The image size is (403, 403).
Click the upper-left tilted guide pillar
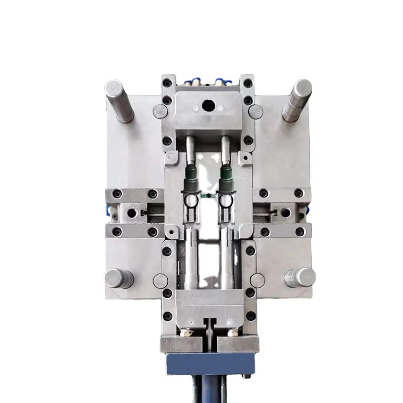pos(119,101)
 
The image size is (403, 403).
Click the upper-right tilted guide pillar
pos(297,100)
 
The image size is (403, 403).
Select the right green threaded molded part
pos(225,180)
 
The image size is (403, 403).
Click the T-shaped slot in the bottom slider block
pos(208,322)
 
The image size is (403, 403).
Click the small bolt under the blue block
pos(246,375)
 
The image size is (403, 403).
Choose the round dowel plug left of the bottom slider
pos(160,281)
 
